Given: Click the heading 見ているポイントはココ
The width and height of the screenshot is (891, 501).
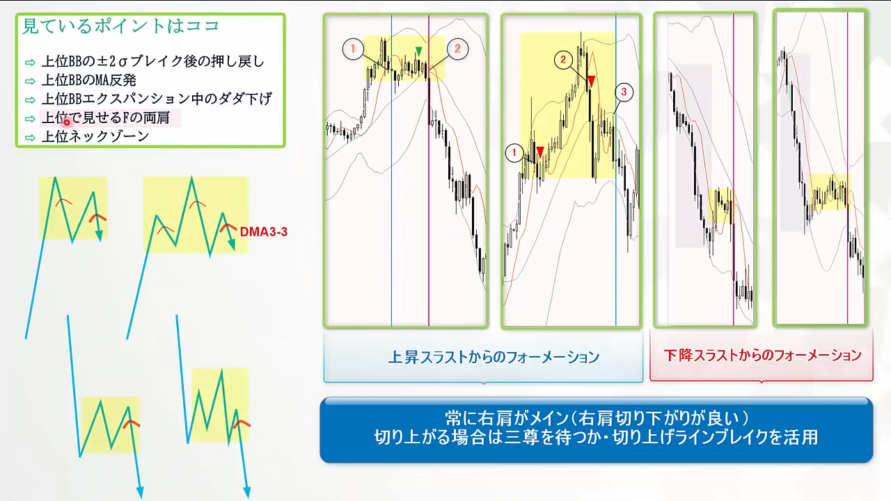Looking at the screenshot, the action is pos(121,26).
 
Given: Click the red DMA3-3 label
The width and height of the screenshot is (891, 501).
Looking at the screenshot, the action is pos(264,232).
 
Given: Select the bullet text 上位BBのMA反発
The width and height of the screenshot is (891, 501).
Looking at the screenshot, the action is pos(89,80).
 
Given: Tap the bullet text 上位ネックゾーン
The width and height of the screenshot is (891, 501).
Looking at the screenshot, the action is pos(95,137).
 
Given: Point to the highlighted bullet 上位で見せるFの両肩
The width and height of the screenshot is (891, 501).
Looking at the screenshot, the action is pos(106,118).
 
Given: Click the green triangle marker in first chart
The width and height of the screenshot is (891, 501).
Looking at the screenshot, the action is pos(418,51).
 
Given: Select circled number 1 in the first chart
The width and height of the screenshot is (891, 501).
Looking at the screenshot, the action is pos(353,49).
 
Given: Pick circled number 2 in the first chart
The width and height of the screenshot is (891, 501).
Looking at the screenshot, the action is pos(457,49).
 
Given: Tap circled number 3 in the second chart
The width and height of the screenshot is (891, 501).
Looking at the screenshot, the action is pos(624,93).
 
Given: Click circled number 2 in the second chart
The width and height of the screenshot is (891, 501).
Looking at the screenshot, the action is pos(563,60).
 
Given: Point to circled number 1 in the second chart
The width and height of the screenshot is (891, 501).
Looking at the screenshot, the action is pos(514,152).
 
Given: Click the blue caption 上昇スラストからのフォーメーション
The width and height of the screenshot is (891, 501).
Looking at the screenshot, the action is pos(494,357).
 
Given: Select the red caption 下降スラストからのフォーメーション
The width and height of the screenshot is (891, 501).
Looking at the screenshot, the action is pos(762,355).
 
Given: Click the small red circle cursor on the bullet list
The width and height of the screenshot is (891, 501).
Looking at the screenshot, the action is pos(67,122).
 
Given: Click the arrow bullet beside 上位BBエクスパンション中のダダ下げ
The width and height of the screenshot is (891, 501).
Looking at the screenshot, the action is pos(30,100).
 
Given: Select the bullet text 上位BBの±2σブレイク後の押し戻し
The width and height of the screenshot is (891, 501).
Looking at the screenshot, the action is pos(153,62).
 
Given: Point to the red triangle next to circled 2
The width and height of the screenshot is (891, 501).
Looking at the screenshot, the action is pos(592,81).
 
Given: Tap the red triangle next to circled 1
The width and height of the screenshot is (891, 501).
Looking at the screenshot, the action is pos(539,152).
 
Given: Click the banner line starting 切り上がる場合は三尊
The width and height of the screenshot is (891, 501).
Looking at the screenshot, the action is pos(596,438).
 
